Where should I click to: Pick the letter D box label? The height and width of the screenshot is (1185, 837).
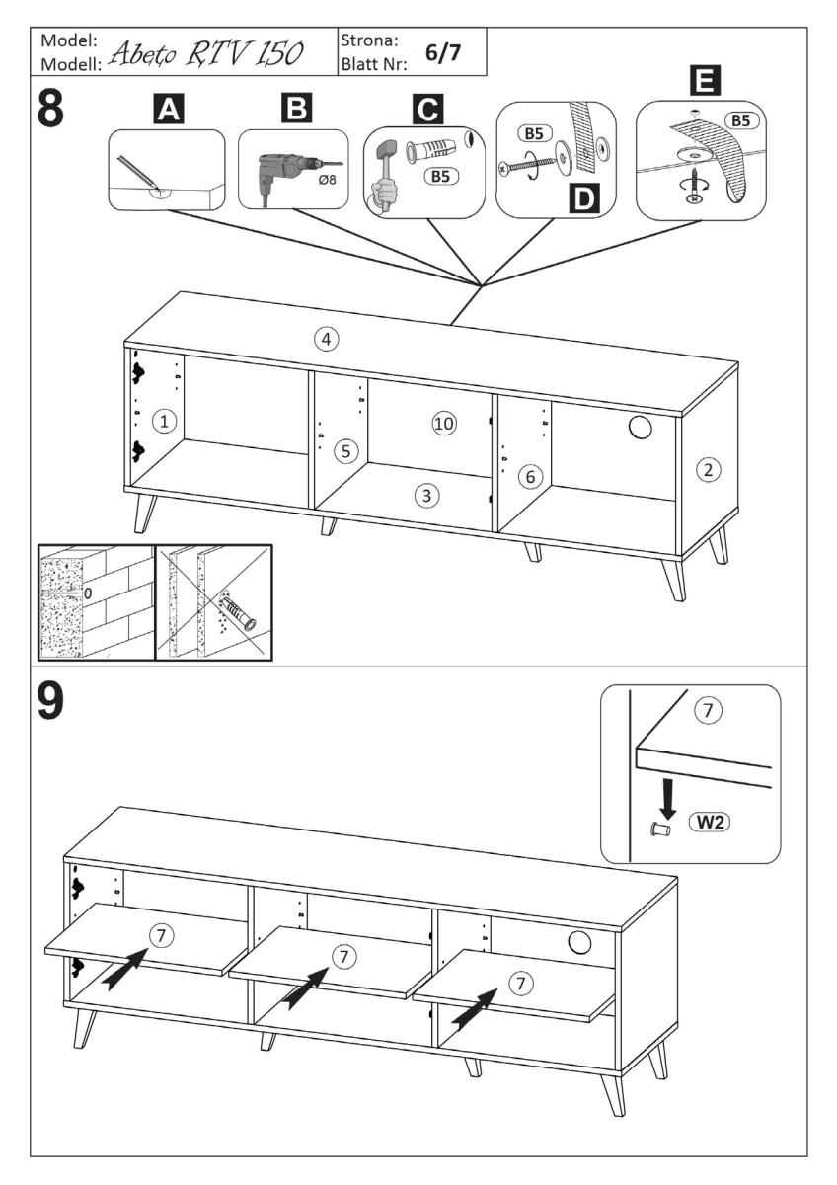(585, 198)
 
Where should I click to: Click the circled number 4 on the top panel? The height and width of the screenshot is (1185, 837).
(326, 339)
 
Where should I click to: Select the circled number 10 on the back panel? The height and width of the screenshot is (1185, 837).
(444, 424)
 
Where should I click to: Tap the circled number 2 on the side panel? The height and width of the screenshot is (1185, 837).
(707, 469)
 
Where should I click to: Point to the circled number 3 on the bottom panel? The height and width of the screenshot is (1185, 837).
(425, 496)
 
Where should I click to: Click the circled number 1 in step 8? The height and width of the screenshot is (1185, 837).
(166, 422)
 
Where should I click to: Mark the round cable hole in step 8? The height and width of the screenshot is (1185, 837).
(640, 426)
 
